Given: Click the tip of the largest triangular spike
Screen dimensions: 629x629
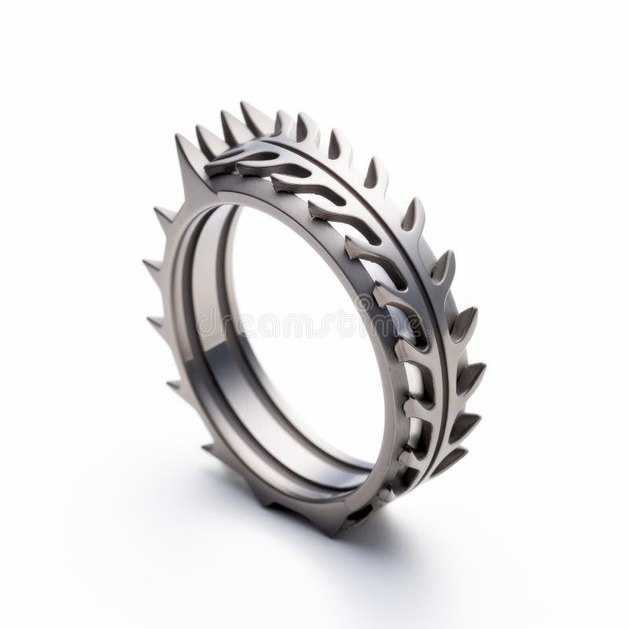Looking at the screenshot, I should (x=178, y=135).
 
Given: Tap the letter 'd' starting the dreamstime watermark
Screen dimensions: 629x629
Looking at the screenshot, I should (x=206, y=322).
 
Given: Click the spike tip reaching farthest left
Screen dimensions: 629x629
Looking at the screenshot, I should (x=142, y=262).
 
